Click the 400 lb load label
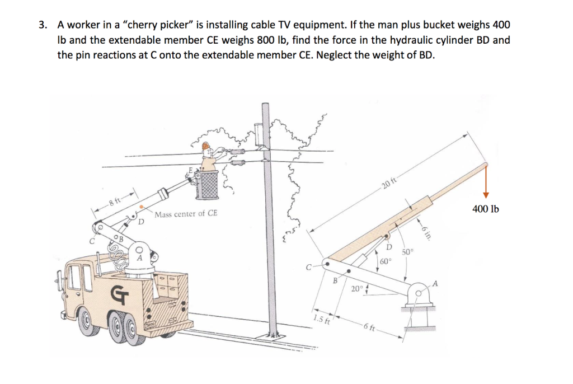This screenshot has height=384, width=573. [486, 209]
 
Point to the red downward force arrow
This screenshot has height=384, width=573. [486, 182]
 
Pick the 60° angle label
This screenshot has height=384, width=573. [386, 261]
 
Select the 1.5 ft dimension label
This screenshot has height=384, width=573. [321, 320]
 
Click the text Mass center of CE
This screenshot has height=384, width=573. [186, 214]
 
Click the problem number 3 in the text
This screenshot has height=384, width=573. [42, 25]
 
